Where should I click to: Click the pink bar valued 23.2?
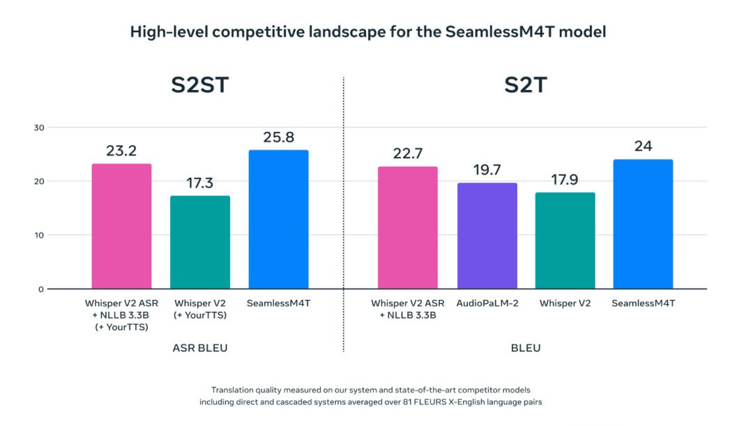point(121,226)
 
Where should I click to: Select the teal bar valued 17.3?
point(200,242)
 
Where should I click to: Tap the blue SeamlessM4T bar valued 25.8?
point(278,219)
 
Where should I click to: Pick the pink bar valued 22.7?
point(407,227)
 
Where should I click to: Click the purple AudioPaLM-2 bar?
point(487,236)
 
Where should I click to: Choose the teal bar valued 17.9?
point(565,241)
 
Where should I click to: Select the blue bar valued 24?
point(643,224)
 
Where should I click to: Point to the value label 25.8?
point(278,137)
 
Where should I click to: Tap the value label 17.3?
point(200,183)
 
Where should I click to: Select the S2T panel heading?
point(525,86)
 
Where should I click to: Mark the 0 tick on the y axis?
point(40,289)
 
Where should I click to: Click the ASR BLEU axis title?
point(200,348)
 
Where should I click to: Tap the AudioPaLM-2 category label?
point(487,304)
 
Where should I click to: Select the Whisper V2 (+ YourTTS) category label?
point(200,309)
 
